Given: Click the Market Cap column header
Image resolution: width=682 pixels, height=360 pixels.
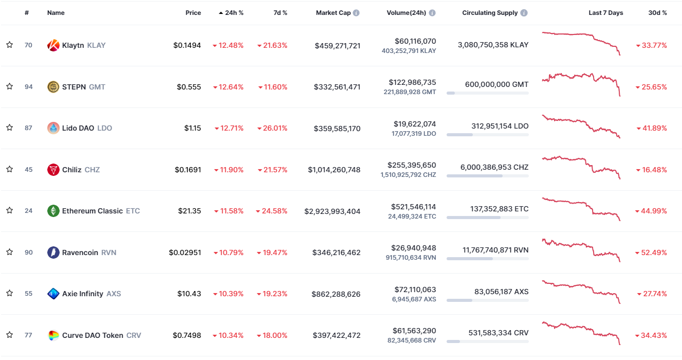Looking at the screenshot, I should click(x=333, y=13).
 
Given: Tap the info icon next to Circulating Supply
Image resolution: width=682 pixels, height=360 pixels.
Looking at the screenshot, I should click(x=524, y=13).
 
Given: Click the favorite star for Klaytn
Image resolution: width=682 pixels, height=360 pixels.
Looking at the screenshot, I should click(x=10, y=45).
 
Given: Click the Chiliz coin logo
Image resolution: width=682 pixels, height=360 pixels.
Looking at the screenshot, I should click(x=53, y=170).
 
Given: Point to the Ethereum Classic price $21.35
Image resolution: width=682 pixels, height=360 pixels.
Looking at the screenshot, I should click(x=190, y=211).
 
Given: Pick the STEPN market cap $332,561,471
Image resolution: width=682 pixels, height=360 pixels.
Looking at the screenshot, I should click(x=337, y=87).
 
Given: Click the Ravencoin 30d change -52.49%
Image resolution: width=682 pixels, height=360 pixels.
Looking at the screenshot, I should click(x=651, y=253).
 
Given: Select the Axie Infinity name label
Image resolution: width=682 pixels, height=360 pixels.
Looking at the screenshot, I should click(x=83, y=294).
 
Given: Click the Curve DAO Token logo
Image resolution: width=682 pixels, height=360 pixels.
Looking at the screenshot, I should click(x=53, y=335).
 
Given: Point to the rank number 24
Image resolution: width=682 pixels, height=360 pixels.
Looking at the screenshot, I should click(x=28, y=211).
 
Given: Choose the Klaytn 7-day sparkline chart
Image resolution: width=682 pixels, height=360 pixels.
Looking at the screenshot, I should click(x=581, y=43).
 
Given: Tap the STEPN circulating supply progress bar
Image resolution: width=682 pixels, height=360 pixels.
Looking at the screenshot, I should click(x=487, y=93).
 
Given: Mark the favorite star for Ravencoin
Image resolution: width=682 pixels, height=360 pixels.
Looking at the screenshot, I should click(x=10, y=252).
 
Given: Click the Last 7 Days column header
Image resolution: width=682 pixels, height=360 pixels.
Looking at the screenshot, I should click(x=605, y=13).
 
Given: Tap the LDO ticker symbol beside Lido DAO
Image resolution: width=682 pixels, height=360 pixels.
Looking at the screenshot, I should click(x=105, y=128).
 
